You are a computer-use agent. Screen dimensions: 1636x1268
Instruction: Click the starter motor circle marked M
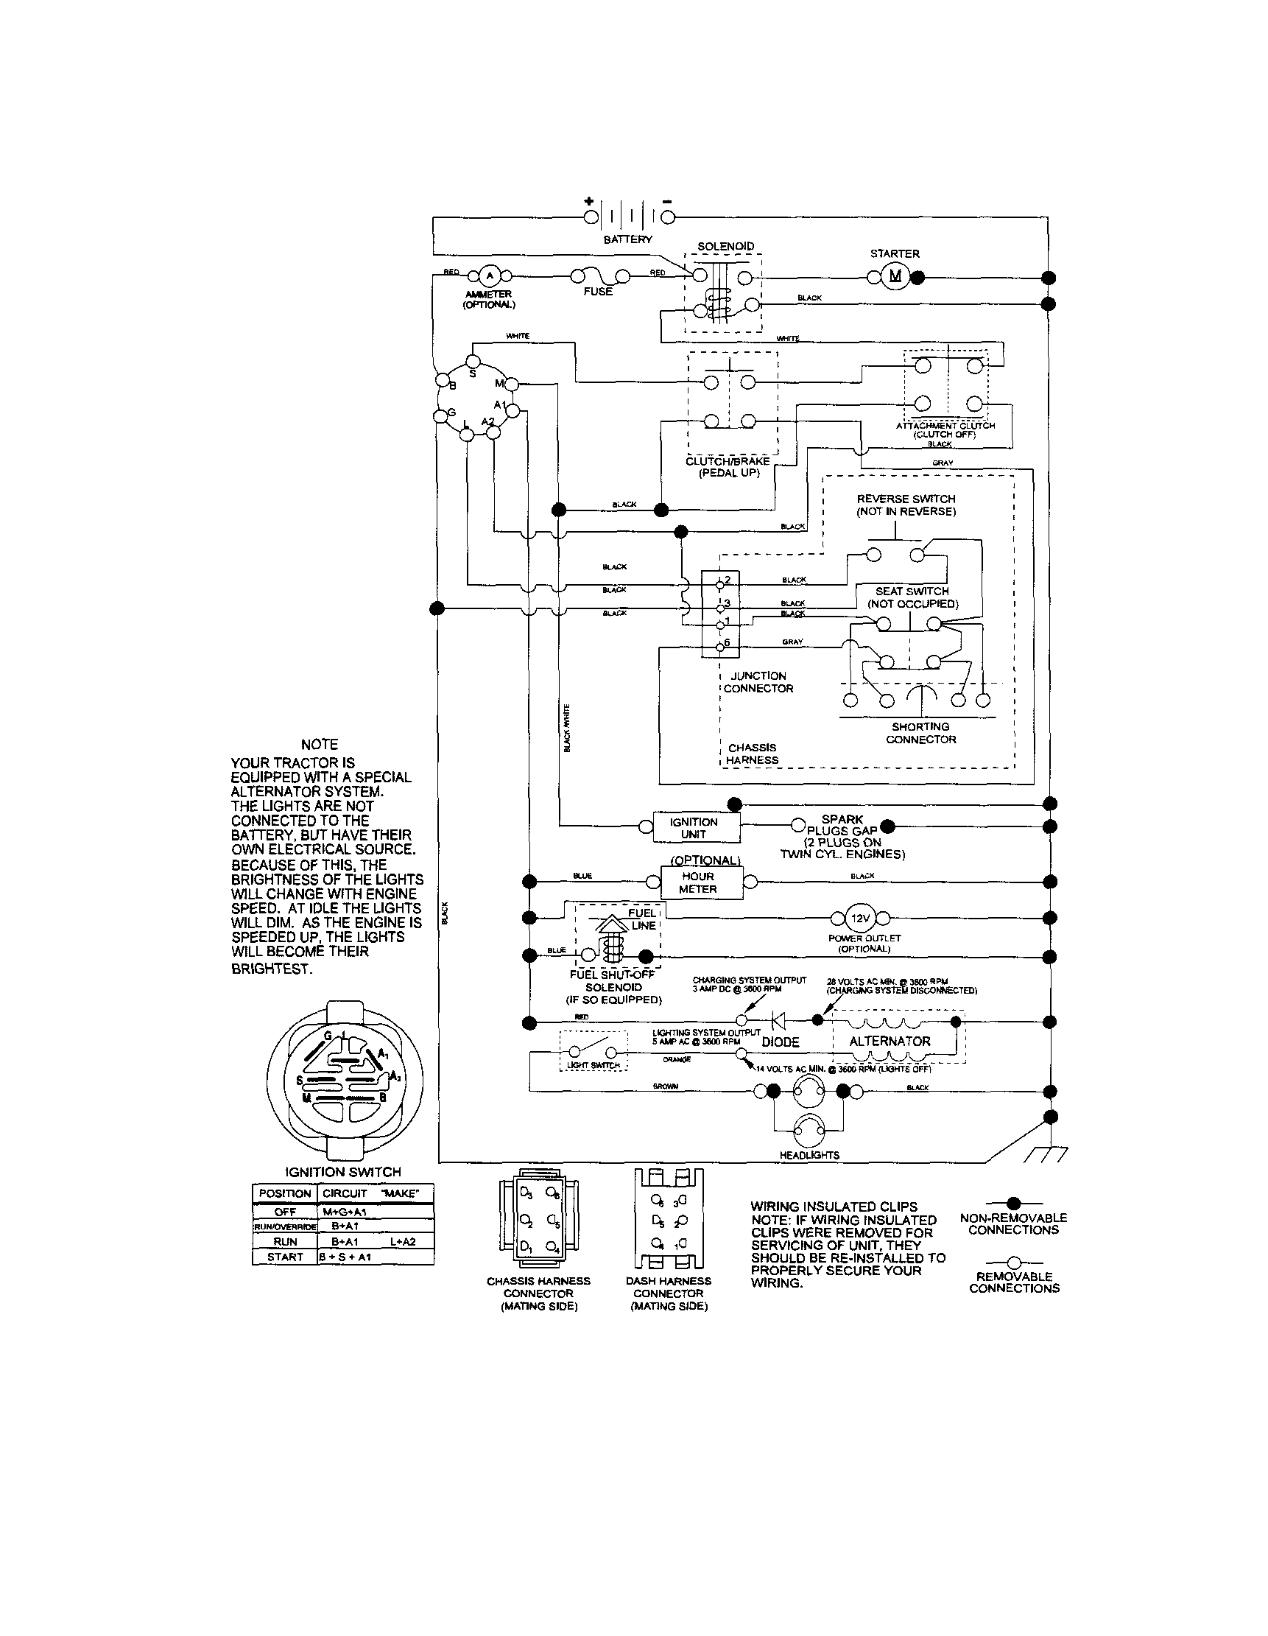tap(895, 277)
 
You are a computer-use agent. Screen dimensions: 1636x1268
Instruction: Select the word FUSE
tap(598, 292)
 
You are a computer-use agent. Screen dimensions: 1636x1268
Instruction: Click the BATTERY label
tap(627, 239)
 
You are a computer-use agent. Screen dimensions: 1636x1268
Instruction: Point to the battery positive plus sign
tap(588, 201)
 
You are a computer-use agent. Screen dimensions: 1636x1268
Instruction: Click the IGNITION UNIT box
tap(694, 828)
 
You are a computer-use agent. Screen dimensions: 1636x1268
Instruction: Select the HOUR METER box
tap(698, 882)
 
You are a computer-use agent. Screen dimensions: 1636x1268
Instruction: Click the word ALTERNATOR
tap(890, 1042)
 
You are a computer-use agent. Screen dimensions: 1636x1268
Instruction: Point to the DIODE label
tap(781, 1042)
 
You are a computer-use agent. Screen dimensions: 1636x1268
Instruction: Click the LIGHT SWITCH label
tap(594, 1065)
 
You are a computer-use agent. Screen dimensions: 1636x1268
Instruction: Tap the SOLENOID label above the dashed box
tap(726, 247)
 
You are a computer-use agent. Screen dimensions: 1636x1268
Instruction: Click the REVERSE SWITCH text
tap(906, 499)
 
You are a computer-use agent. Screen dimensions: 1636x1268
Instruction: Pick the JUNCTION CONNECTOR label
tap(758, 681)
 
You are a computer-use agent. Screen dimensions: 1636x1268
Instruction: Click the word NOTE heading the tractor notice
tap(319, 744)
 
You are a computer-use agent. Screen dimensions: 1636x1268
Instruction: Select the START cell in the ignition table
tap(286, 1257)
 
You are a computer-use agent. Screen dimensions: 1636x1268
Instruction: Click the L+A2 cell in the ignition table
tap(403, 1241)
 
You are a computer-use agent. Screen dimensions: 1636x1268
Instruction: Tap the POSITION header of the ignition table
tap(285, 1193)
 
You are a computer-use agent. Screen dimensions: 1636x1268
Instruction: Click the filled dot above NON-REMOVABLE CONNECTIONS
tap(1014, 1203)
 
